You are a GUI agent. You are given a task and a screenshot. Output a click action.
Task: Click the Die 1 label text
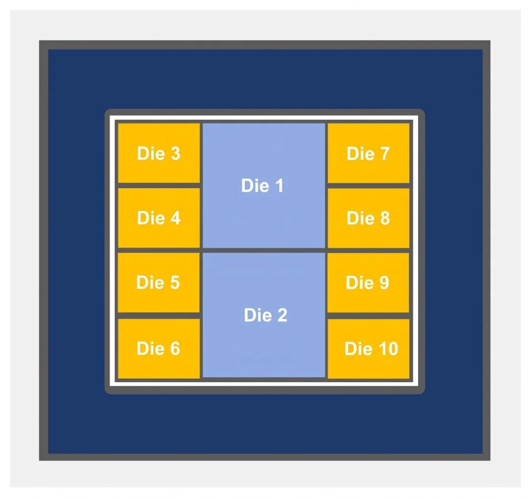[262, 186]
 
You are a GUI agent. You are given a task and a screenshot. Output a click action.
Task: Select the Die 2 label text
[266, 315]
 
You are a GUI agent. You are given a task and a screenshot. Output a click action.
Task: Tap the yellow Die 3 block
[159, 153]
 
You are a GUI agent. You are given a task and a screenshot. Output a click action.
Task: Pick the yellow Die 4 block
[159, 218]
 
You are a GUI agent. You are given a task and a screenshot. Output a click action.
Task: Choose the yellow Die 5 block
[159, 283]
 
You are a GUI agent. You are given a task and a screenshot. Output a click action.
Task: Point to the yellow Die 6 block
[159, 348]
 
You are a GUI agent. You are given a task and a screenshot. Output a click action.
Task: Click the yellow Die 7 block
[368, 153]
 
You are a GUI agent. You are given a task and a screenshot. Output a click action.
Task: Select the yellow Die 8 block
[368, 218]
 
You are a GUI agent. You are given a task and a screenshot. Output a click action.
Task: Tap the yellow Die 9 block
[368, 283]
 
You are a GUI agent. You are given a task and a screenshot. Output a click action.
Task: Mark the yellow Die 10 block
[368, 348]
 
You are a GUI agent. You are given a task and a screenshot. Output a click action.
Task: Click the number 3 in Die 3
[175, 153]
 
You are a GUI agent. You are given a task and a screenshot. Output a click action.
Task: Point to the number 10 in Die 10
[388, 349]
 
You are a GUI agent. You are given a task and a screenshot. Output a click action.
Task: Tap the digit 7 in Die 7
[385, 154]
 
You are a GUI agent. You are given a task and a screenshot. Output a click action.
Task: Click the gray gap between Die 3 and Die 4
[159, 186]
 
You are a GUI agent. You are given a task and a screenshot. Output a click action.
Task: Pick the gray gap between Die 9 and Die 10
[368, 316]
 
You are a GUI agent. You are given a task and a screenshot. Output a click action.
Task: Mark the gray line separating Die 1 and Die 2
[264, 250]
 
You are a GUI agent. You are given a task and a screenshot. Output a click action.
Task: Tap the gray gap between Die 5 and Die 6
[159, 316]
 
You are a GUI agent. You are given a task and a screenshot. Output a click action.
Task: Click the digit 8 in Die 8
[385, 218]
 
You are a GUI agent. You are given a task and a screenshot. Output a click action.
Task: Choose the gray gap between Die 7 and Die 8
[368, 186]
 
